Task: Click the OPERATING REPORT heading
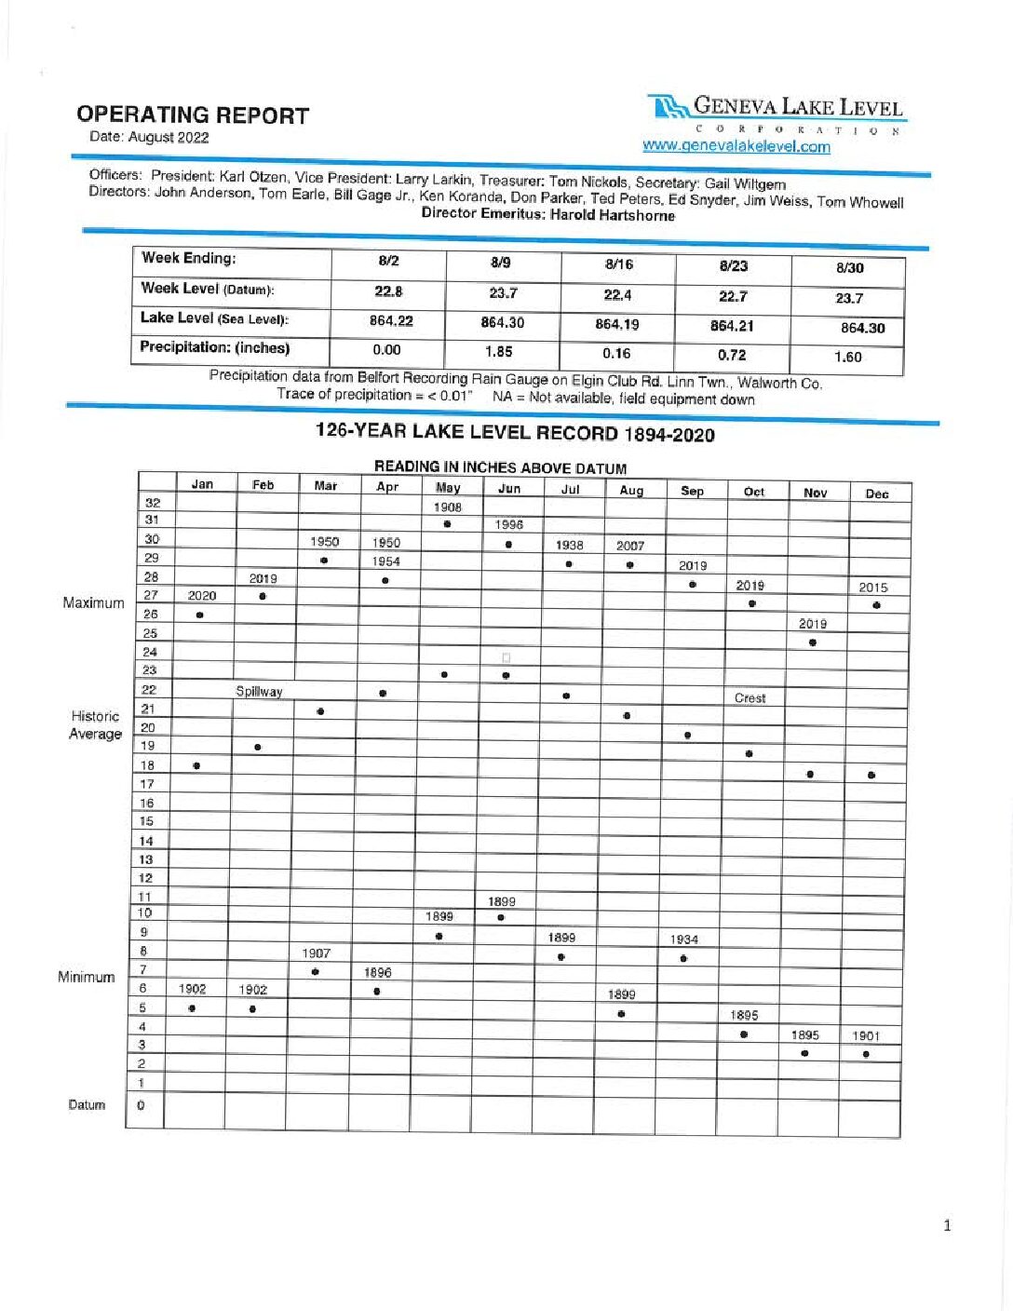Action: [193, 115]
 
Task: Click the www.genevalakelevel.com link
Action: [736, 146]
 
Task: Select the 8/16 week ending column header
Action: [618, 264]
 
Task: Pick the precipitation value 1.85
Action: [499, 352]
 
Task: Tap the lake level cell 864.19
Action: [616, 325]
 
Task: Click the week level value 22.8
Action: [388, 291]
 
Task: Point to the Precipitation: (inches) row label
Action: [215, 347]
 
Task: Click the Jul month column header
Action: [570, 489]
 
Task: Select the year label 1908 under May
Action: [447, 507]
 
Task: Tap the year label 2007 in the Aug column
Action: [630, 546]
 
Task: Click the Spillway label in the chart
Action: [259, 692]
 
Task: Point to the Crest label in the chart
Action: [750, 698]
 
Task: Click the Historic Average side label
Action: [95, 724]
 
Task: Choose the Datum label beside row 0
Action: [87, 1105]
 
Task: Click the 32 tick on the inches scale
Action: [152, 503]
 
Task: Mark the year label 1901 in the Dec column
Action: [866, 1035]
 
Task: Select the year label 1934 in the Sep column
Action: [684, 939]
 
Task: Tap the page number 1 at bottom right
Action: [947, 1225]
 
